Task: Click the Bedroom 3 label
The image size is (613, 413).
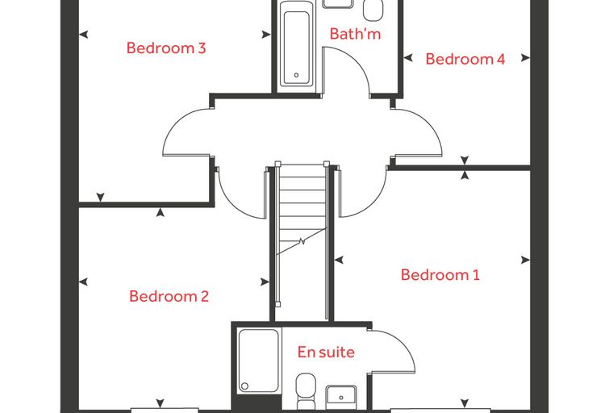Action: click(166, 48)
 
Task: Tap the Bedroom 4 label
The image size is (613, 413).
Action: click(465, 59)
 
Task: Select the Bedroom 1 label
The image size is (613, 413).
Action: click(440, 274)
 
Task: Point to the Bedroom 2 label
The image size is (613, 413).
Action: click(169, 296)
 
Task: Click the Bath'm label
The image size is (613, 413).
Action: click(355, 34)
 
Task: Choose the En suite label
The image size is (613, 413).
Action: click(326, 352)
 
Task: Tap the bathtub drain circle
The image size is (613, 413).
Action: click(296, 75)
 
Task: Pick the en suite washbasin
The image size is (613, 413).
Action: click(341, 396)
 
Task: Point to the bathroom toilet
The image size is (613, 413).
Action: click(373, 10)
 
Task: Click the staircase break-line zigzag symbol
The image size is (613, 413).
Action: click(302, 241)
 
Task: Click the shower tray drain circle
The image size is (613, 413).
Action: click(244, 386)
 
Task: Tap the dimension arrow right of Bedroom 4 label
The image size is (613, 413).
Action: click(525, 58)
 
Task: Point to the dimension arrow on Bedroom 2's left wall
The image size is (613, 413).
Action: click(83, 282)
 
